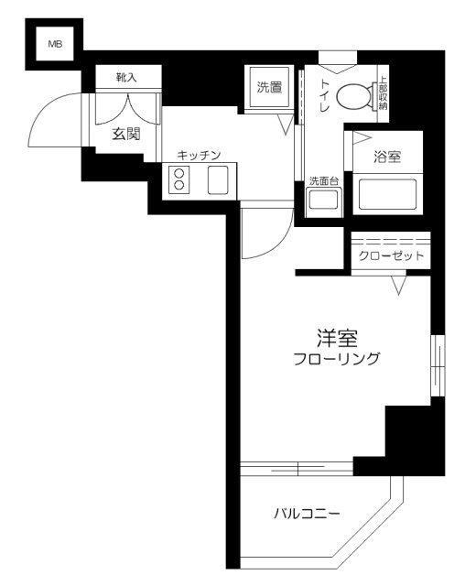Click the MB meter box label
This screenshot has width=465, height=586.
click(x=54, y=43)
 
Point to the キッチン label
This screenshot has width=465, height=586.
click(x=200, y=156)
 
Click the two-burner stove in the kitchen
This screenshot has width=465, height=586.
click(x=179, y=179)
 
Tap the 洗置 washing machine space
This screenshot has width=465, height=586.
click(x=270, y=89)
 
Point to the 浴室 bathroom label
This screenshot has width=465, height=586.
click(x=386, y=157)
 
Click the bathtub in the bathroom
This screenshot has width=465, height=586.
click(x=385, y=194)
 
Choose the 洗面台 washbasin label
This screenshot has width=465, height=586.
click(x=322, y=180)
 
